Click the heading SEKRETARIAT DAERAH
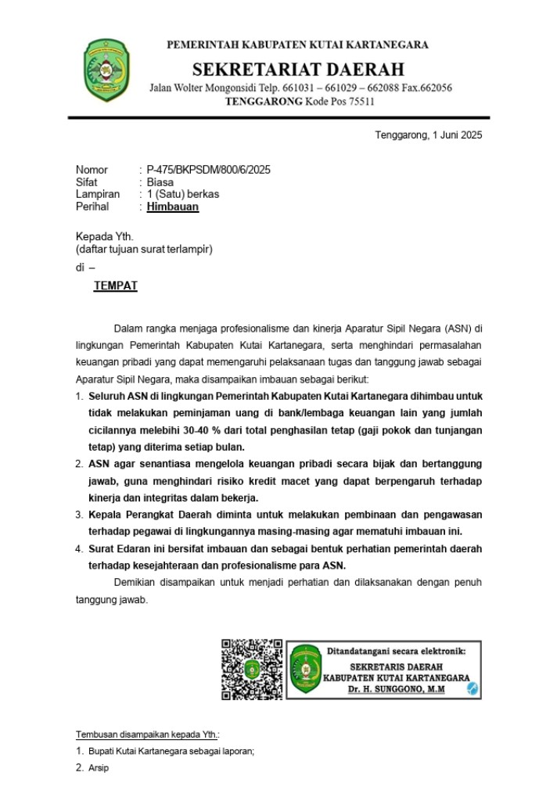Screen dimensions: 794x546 click(x=298, y=69)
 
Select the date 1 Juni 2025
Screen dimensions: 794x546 click(x=449, y=135)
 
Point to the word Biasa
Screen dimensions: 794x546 click(x=160, y=182)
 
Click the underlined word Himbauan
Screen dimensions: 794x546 click(x=173, y=207)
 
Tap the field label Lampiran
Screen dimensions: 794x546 click(x=98, y=195)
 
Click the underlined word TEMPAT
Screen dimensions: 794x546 click(x=116, y=286)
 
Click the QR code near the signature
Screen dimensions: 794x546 click(x=252, y=670)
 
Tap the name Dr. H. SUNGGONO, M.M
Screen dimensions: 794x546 click(x=397, y=689)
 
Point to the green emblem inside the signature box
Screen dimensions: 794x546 click(x=306, y=670)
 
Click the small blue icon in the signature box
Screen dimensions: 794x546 click(x=472, y=688)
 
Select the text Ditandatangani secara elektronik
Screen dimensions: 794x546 click(x=396, y=651)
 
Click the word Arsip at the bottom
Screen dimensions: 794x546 click(x=99, y=768)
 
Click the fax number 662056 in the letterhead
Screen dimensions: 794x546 click(x=436, y=88)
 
